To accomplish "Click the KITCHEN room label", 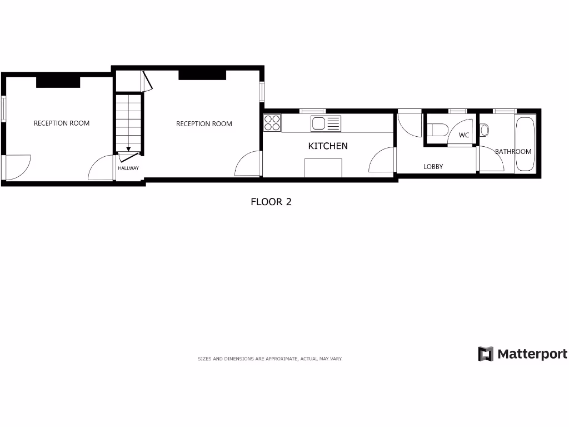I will [x=328, y=146].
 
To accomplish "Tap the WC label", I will [x=464, y=135].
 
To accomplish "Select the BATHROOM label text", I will [x=513, y=151].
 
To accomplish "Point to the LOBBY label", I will [x=433, y=166].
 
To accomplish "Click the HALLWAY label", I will [x=128, y=168].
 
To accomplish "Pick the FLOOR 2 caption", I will [x=271, y=202].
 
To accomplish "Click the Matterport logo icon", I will [x=486, y=354].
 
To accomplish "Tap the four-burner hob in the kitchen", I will [x=272, y=123].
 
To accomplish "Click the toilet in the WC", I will [x=438, y=130].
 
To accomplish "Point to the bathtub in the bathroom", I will [x=525, y=145].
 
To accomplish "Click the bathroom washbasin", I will [x=484, y=130].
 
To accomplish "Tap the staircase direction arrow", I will [x=128, y=148].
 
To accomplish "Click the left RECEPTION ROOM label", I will [x=62, y=123].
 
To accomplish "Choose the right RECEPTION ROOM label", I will [x=204, y=124].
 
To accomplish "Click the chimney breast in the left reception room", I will [x=58, y=82].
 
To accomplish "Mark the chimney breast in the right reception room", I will [x=202, y=75].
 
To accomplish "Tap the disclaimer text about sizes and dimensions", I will [x=270, y=359].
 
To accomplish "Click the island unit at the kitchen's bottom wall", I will [x=323, y=167].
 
